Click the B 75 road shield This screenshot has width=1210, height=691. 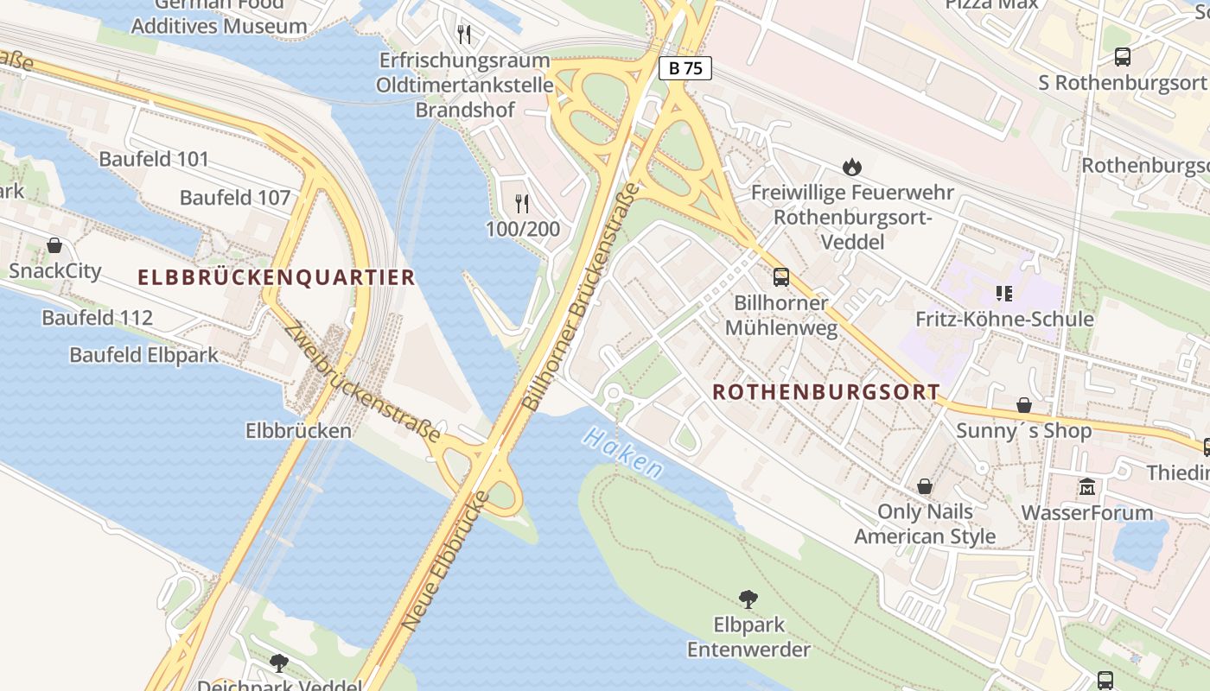pyautogui.click(x=685, y=68)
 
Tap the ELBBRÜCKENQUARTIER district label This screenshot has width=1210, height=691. pyautogui.click(x=277, y=277)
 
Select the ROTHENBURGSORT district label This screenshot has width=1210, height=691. pyautogui.click(x=825, y=391)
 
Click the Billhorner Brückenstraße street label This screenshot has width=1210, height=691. pyautogui.click(x=581, y=296)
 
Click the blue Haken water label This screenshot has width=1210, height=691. pyautogui.click(x=622, y=452)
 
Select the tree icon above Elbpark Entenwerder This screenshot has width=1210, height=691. pyautogui.click(x=748, y=599)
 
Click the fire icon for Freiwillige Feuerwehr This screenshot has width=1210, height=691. pyautogui.click(x=852, y=167)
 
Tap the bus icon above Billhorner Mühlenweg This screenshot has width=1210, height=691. pyautogui.click(x=781, y=277)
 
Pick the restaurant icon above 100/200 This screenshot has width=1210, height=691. pyautogui.click(x=522, y=204)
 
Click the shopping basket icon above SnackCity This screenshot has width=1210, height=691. pyautogui.click(x=54, y=245)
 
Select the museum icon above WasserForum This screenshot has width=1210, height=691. pyautogui.click(x=1087, y=487)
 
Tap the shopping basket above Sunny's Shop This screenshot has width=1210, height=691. pyautogui.click(x=1024, y=405)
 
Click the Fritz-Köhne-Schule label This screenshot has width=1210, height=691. pyautogui.click(x=1004, y=319)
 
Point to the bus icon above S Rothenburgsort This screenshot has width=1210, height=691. pyautogui.click(x=1122, y=57)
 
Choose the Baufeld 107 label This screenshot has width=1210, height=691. pyautogui.click(x=235, y=197)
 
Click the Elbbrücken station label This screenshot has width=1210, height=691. pyautogui.click(x=298, y=430)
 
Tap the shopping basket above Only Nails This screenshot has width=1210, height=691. pyautogui.click(x=925, y=486)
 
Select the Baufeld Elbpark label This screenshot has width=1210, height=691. pyautogui.click(x=144, y=354)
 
